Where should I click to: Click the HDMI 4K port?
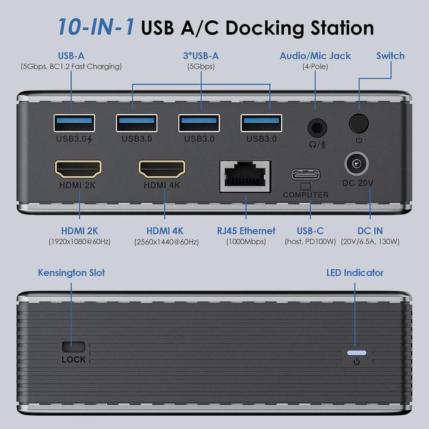coord(162,169)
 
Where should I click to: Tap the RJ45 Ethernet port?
coord(245,175)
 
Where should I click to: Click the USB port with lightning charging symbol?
coord(74,124)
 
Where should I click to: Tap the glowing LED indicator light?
coord(356,352)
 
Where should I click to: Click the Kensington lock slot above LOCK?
coord(73,346)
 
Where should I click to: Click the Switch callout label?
coord(390,56)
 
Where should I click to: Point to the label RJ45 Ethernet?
coord(246,231)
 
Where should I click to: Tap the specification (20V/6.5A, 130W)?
coord(370,242)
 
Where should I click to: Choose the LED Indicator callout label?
coord(355,273)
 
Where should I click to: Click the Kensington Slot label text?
coord(71,273)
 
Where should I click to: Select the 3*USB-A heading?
coord(201,56)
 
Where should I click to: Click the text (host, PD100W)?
coord(310,242)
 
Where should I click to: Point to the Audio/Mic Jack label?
coord(316,56)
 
